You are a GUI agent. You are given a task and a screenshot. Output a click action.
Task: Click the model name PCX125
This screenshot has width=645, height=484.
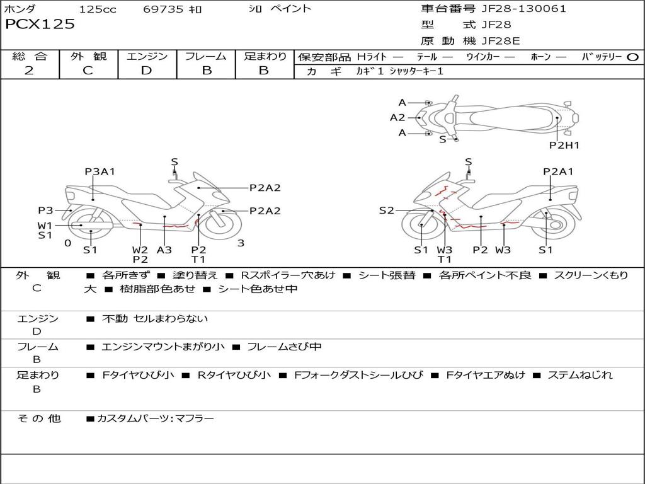(x=40, y=25)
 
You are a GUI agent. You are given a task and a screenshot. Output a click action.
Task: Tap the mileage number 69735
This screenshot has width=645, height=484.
(x=163, y=9)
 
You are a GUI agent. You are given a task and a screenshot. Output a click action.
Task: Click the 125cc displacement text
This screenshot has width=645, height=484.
(x=98, y=9)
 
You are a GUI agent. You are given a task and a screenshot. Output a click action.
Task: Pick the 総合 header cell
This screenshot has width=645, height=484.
(x=30, y=57)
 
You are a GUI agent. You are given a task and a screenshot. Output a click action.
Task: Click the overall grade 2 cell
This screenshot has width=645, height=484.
(x=29, y=71)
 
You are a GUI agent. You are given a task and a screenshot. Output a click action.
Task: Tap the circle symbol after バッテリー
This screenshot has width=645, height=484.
(x=633, y=57)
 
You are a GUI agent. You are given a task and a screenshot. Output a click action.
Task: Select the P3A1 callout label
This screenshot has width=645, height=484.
(x=100, y=171)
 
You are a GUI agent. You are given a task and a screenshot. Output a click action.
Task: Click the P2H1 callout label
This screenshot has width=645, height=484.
(x=564, y=145)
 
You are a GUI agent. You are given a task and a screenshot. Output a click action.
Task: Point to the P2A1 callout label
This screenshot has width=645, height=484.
(x=558, y=171)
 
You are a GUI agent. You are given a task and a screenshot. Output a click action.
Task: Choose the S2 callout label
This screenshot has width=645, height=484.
(x=386, y=210)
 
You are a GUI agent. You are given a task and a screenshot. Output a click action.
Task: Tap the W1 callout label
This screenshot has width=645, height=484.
(x=45, y=225)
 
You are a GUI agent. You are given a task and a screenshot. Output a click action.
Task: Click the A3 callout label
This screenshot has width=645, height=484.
(x=164, y=250)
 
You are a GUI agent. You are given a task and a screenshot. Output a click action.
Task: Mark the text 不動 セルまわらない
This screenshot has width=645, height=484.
(x=155, y=319)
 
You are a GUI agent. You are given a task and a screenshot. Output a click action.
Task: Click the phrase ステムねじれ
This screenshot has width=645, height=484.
(x=579, y=375)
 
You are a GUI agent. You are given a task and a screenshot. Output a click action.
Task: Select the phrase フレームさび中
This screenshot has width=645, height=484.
(x=284, y=347)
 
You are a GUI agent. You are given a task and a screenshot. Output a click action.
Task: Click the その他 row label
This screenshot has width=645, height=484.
(x=39, y=418)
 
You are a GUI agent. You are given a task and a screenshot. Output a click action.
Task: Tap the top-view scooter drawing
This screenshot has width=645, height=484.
(x=504, y=118)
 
